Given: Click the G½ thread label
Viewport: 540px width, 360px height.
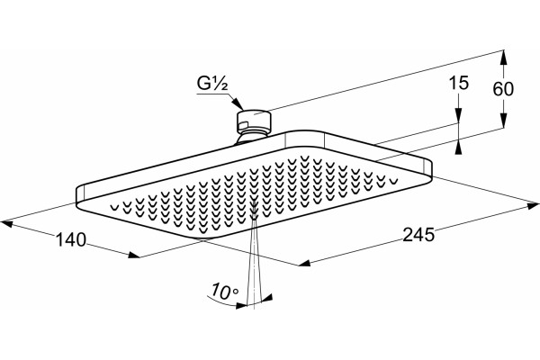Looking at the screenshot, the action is (212, 84).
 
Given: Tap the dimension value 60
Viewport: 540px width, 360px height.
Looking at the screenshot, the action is (503, 89).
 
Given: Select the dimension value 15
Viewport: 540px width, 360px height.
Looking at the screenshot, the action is (459, 83).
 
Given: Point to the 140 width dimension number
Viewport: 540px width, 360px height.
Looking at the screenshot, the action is (71, 239).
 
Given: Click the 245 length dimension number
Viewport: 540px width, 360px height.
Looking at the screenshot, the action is (418, 235).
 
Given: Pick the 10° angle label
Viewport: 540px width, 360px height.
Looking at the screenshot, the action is (225, 292).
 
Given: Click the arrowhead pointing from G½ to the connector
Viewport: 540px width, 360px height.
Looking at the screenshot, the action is (238, 104).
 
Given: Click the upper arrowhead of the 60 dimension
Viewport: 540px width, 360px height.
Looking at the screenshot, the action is (503, 57).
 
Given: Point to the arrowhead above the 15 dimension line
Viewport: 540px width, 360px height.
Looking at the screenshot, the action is (458, 116).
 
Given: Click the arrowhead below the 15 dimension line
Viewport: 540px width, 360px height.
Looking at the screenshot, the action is (458, 148).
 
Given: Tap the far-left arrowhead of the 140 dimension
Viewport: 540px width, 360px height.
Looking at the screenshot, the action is (7, 224).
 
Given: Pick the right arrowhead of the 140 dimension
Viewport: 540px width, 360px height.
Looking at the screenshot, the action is (133, 255).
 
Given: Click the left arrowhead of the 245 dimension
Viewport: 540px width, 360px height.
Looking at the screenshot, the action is (304, 263).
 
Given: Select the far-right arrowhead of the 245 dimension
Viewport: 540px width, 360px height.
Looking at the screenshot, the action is (533, 206).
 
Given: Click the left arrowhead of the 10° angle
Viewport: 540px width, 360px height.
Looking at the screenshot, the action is (242, 305).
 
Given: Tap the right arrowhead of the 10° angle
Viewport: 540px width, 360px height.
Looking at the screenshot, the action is (267, 298).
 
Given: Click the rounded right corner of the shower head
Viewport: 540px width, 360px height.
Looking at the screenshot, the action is (429, 171).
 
